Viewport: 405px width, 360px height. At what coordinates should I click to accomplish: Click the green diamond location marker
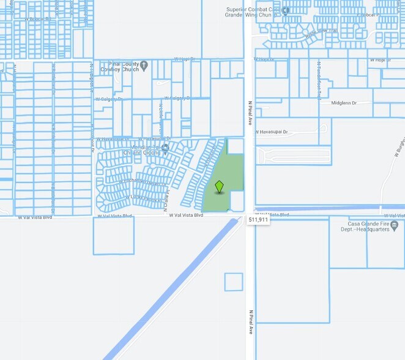219,187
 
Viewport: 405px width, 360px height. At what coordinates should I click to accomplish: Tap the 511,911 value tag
259,219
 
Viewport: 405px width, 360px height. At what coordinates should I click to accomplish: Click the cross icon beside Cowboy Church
144,64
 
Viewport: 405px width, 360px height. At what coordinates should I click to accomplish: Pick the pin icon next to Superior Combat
285,11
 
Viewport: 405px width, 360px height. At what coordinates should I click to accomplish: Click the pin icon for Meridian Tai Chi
165,147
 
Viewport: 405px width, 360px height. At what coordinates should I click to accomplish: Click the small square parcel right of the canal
233,282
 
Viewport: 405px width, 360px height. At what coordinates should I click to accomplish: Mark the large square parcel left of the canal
113,235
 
